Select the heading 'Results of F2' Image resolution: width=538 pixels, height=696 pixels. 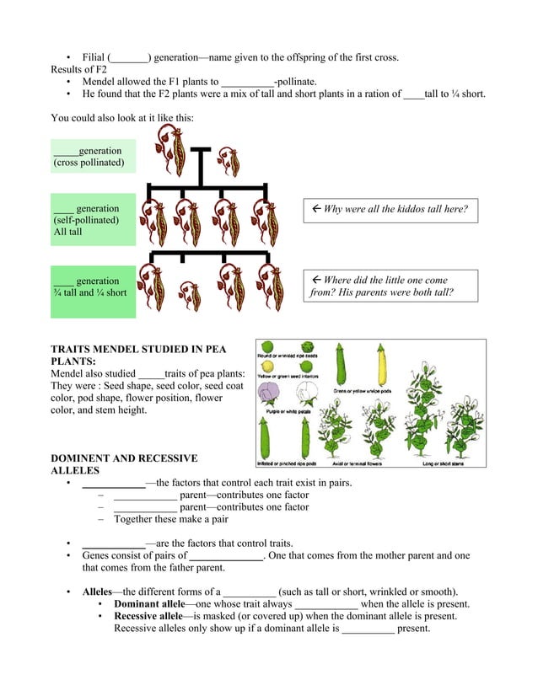coord(78,69)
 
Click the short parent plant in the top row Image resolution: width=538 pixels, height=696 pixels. coord(229,158)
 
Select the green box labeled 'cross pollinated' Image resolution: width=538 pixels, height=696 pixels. coord(92,157)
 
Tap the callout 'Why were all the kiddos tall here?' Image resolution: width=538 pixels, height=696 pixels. coord(390,210)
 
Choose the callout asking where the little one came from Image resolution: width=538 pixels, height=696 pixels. coord(390,286)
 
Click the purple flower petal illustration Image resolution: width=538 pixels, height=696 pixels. coord(270,394)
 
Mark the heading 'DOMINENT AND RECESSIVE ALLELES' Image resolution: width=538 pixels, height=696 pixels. coord(124,464)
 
